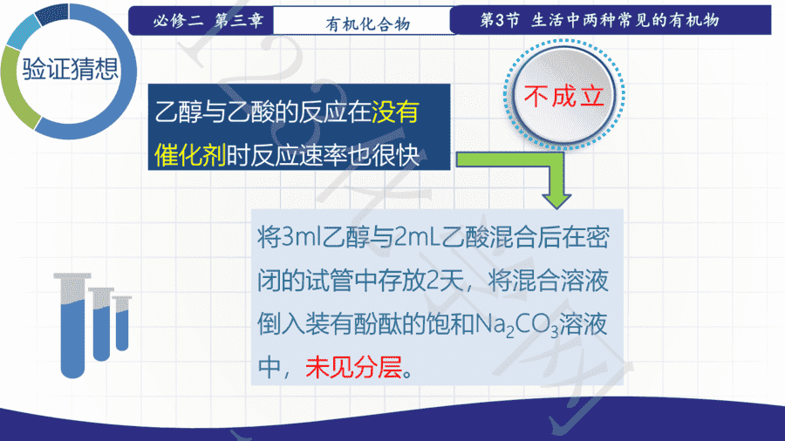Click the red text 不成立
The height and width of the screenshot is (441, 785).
(x=563, y=95)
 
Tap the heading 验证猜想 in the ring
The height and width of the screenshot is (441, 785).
(x=71, y=69)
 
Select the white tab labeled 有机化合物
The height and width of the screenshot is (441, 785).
(x=363, y=21)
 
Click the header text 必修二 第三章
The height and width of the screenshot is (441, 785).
(x=208, y=21)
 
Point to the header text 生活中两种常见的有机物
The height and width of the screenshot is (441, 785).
(x=625, y=20)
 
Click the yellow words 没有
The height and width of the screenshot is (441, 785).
(x=395, y=112)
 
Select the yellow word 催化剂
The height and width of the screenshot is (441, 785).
(x=190, y=155)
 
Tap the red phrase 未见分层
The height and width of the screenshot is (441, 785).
(x=354, y=368)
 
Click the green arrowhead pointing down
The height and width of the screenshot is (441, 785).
(x=556, y=197)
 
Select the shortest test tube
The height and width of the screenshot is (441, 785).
(x=122, y=323)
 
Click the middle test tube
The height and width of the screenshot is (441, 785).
(x=101, y=324)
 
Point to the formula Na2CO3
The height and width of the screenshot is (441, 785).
(x=516, y=325)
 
